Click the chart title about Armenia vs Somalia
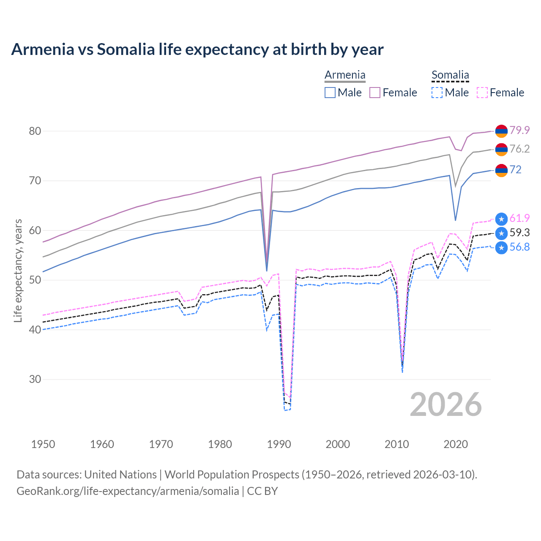[197, 49]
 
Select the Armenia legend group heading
[345, 75]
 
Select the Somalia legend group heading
[450, 75]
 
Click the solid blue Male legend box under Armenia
[330, 93]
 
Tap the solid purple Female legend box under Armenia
[375, 93]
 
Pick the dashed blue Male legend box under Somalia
[437, 93]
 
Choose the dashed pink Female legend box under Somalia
[482, 93]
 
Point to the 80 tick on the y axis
[35, 131]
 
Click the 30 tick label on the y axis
[35, 379]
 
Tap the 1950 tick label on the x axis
[43, 444]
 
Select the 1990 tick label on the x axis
[279, 444]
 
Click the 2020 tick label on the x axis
[456, 444]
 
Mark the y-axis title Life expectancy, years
[18, 270]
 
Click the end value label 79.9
[519, 130]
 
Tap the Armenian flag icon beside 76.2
[501, 150]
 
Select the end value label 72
[516, 169]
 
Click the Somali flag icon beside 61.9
[501, 219]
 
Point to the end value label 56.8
[519, 247]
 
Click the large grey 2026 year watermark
[446, 404]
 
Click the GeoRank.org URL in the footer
[128, 491]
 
